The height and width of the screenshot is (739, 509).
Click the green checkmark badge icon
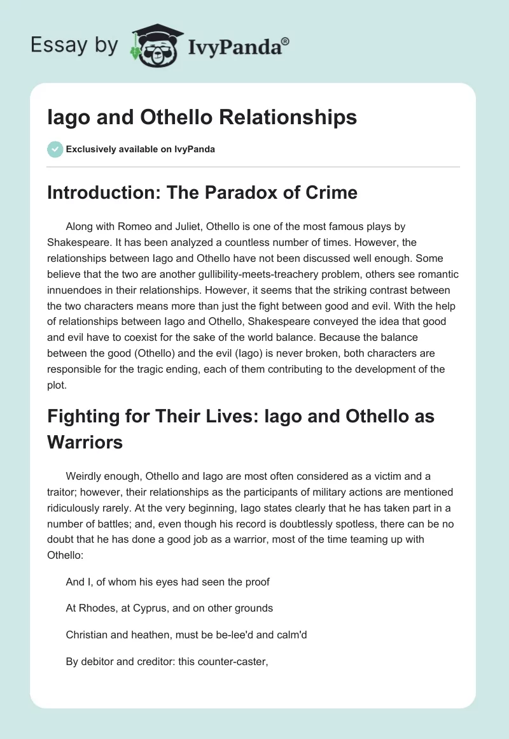[x=55, y=149]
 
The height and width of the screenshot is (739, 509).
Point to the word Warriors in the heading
[x=85, y=442]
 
